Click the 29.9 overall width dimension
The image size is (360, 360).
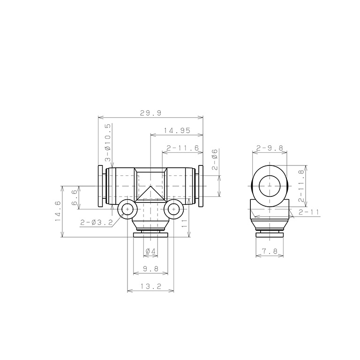click(x=150, y=113)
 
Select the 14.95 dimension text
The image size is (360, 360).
click(x=177, y=130)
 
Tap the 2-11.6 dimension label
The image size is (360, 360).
click(x=182, y=148)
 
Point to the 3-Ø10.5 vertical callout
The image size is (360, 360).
click(x=108, y=143)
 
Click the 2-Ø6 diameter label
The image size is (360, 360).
click(x=215, y=159)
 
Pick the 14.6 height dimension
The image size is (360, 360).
click(x=58, y=211)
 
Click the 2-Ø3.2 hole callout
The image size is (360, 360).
click(x=97, y=222)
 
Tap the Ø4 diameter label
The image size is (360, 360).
click(x=150, y=251)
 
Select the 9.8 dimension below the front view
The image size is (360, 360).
click(x=150, y=269)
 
